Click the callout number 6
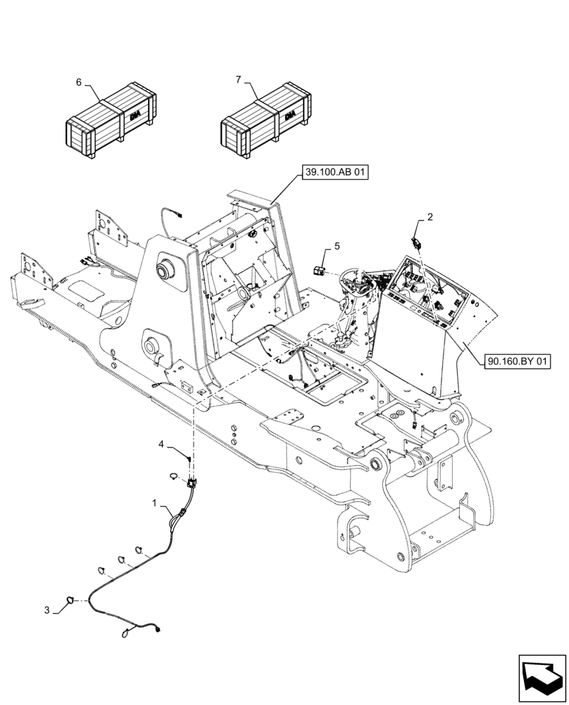(79, 82)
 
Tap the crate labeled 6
(111, 119)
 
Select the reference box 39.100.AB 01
(336, 172)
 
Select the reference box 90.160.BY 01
(517, 361)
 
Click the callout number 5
(337, 246)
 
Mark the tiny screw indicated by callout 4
(188, 459)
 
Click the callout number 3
(48, 611)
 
